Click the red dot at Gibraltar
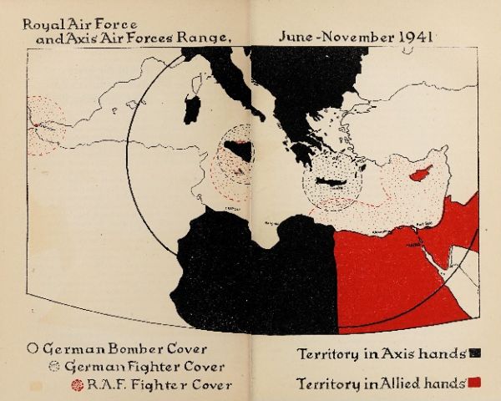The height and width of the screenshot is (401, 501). tap(35, 126)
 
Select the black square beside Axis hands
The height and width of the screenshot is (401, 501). tap(473, 354)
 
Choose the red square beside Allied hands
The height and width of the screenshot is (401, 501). tap(473, 383)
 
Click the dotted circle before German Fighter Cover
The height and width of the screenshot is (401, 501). tap(55, 366)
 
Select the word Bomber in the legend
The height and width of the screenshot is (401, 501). tap(133, 348)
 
